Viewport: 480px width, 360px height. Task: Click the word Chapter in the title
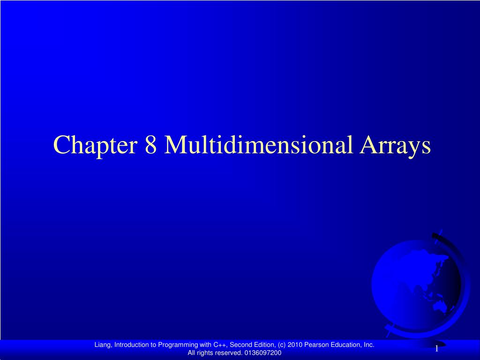click(x=95, y=145)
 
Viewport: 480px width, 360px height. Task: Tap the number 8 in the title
click(x=150, y=144)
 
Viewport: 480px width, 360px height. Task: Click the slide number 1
click(x=437, y=349)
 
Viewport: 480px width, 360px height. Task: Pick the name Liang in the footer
click(x=103, y=345)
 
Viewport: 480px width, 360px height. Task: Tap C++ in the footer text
click(x=220, y=345)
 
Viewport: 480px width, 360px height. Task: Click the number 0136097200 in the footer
click(x=262, y=353)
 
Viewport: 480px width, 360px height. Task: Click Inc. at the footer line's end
click(x=369, y=345)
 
